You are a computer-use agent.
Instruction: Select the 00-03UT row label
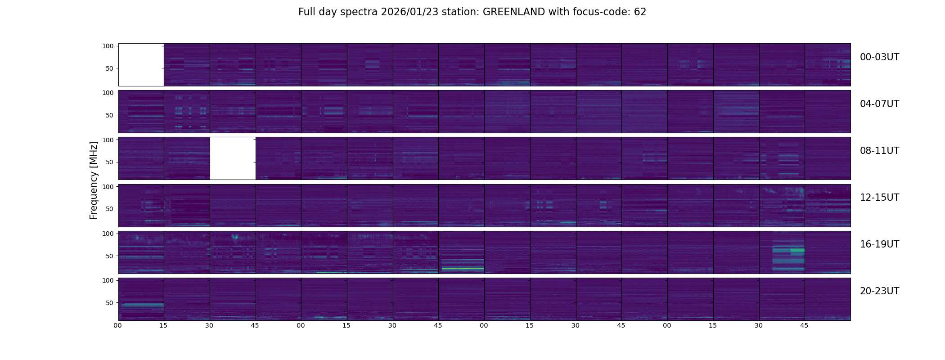coord(879,57)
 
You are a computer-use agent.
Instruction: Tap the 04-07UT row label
coord(879,104)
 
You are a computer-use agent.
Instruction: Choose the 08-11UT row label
coord(879,151)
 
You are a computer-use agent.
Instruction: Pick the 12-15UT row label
coord(879,198)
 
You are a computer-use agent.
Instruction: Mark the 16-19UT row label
coord(879,244)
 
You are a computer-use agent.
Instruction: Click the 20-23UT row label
coord(879,291)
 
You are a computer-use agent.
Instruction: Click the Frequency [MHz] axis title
coord(94,180)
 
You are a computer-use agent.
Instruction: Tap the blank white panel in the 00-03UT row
coord(141,65)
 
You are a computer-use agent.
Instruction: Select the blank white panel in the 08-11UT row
coord(233,158)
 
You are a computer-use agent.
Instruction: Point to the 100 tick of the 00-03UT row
coord(108,46)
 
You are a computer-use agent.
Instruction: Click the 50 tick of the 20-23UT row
coord(109,303)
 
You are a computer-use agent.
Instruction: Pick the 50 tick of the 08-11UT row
coord(109,162)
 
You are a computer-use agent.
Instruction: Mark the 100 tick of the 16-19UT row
coord(108,234)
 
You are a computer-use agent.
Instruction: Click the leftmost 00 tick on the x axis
coord(117,325)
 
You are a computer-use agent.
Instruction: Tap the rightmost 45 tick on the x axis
coord(804,325)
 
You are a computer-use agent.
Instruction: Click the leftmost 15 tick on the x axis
coord(163,325)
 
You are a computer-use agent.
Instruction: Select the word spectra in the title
coord(360,12)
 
